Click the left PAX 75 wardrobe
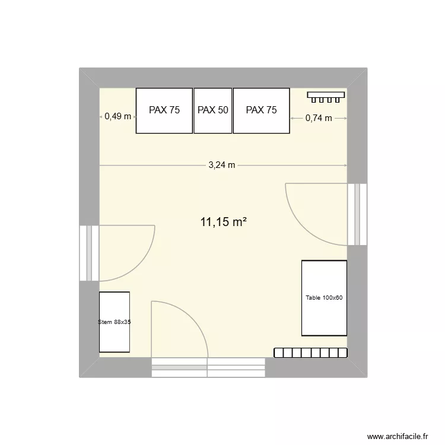[x=164, y=110]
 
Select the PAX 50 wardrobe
[x=213, y=110]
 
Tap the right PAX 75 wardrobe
[x=261, y=110]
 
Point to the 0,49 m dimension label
[x=117, y=117]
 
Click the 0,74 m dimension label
[x=319, y=118]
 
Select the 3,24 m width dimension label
[x=222, y=166]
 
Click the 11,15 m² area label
[x=223, y=223]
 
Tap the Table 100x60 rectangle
[x=324, y=298]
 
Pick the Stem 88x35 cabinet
[x=115, y=322]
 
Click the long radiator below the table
[x=310, y=352]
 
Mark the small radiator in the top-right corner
[x=325, y=95]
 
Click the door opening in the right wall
[x=357, y=214]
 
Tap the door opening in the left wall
[x=89, y=253]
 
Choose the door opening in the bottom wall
[x=208, y=367]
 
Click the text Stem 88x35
[x=115, y=322]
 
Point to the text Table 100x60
[x=324, y=298]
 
